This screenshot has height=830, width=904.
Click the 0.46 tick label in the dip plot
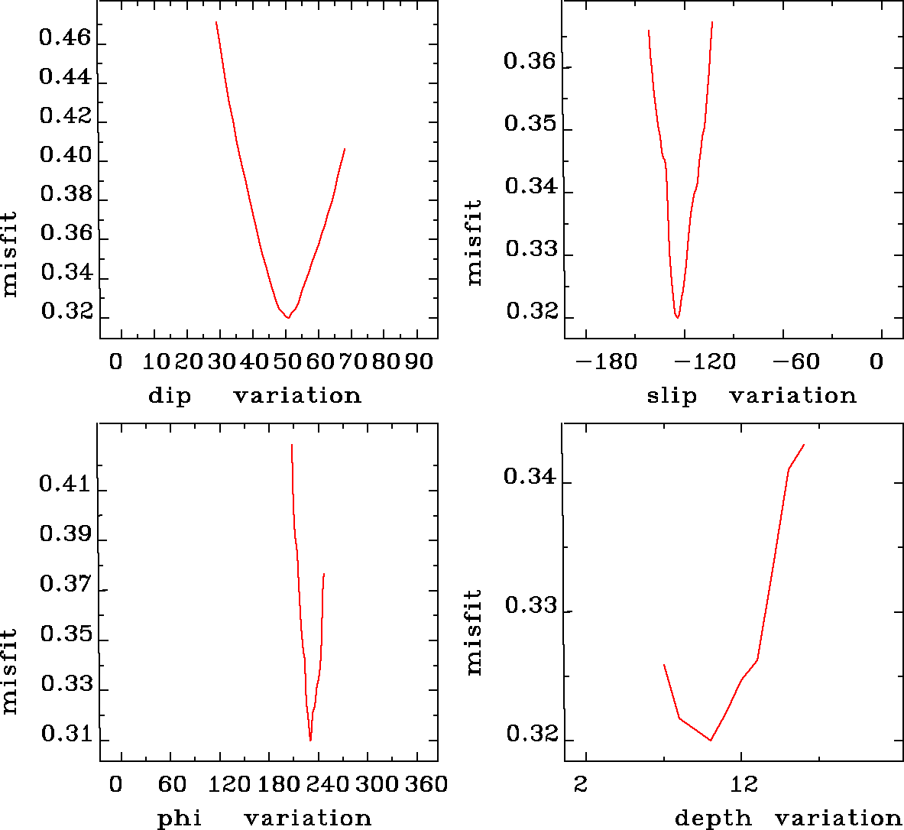tap(65, 37)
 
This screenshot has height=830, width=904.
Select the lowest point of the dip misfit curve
tap(287, 317)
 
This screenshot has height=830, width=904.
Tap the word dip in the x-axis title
tap(170, 396)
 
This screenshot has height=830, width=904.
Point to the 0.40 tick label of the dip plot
tap(65, 155)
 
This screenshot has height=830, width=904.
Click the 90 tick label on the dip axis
tap(418, 361)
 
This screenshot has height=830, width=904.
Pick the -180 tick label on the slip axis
tap(605, 361)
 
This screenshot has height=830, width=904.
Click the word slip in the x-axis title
tap(672, 396)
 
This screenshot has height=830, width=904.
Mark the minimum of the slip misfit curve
tap(677, 317)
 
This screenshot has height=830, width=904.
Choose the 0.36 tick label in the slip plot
tap(530, 61)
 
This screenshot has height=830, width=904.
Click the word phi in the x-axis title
tap(180, 819)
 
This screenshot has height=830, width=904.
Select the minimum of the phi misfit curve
tap(310, 740)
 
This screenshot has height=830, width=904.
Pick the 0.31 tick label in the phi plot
tap(65, 734)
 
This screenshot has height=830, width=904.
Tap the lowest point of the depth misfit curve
tap(711, 740)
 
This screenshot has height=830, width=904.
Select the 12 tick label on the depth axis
tap(744, 783)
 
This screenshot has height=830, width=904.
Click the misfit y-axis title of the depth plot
tap(475, 632)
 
